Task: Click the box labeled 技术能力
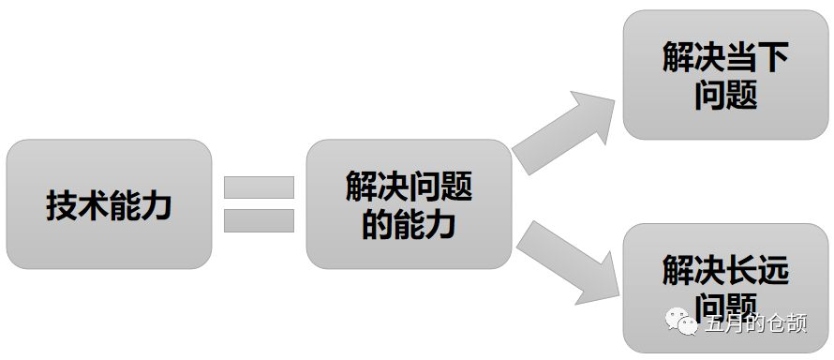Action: (109, 204)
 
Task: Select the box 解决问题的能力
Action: (409, 204)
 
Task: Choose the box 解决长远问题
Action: (725, 288)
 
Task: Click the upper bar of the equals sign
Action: (260, 187)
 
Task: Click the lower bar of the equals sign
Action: (260, 221)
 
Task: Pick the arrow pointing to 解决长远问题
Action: (566, 262)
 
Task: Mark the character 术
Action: (93, 205)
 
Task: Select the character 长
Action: (741, 272)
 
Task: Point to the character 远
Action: (773, 272)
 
